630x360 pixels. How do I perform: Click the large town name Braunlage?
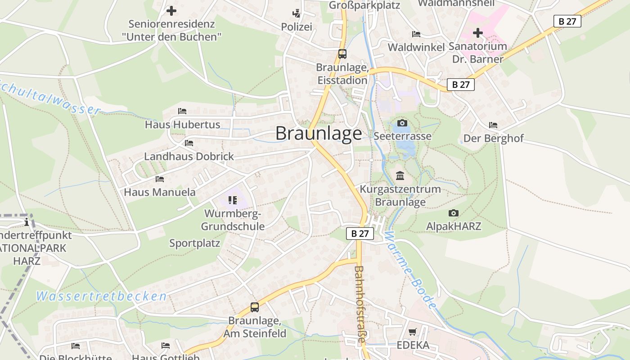(x=319, y=133)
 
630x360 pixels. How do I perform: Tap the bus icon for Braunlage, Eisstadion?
(x=342, y=54)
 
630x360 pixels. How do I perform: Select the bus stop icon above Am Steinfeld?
(x=255, y=307)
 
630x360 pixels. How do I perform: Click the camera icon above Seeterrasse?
(x=402, y=123)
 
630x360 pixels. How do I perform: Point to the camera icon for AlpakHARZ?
(x=454, y=213)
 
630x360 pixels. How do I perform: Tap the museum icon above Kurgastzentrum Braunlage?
(x=400, y=175)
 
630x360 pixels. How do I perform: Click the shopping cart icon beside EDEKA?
(x=413, y=332)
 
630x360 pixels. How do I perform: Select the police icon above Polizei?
(x=296, y=13)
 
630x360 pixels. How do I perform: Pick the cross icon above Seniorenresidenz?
(x=171, y=10)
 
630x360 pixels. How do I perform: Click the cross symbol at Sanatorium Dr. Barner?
(x=478, y=33)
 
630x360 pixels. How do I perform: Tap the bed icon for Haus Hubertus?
(x=182, y=111)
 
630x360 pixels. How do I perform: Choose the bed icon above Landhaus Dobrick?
(x=189, y=143)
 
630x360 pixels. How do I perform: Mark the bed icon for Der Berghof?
(x=493, y=125)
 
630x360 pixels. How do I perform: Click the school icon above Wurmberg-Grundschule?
(x=232, y=200)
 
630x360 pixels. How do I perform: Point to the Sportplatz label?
(x=194, y=243)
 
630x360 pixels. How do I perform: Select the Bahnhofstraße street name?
(x=360, y=304)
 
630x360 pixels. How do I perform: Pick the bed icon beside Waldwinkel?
(x=416, y=34)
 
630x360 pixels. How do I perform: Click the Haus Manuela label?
(x=160, y=192)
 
